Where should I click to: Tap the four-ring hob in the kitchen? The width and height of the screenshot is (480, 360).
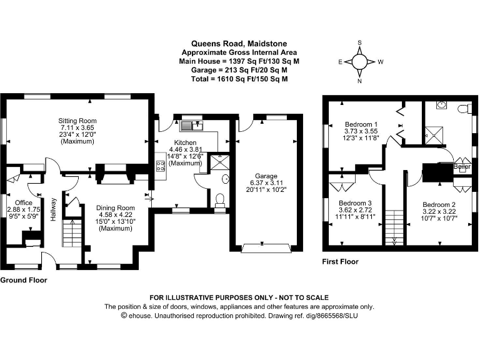coord(160,166)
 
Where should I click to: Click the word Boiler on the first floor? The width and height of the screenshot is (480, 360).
coord(461,167)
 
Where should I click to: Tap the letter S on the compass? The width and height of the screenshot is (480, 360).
coord(359,42)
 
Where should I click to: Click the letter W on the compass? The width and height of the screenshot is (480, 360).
coord(380,62)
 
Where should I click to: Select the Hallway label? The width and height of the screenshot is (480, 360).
coord(54,210)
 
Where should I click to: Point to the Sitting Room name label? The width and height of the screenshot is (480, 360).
coord(77,120)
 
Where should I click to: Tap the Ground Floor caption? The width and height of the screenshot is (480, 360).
coord(24,281)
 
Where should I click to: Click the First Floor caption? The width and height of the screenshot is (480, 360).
coord(340,262)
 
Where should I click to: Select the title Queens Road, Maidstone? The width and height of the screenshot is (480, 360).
coord(239,44)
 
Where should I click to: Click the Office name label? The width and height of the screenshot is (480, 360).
coord(24,202)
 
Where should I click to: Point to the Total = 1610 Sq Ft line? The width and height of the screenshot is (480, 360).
coord(239,79)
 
